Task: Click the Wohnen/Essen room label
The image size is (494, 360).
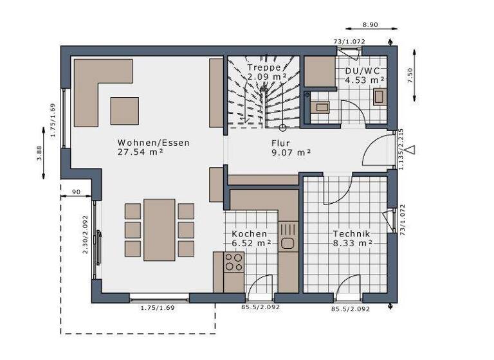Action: (x=153, y=143)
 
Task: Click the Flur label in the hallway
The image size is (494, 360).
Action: (x=280, y=143)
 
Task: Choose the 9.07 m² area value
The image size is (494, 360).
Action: (x=291, y=153)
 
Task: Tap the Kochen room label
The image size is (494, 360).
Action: (x=250, y=234)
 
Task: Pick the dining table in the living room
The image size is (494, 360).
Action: (x=159, y=230)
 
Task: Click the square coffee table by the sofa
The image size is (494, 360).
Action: (x=124, y=111)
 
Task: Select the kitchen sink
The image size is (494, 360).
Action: (x=287, y=244)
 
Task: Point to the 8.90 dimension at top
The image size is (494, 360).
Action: (x=370, y=24)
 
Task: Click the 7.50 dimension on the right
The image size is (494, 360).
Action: (x=410, y=75)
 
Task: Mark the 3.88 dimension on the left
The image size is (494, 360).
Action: (x=39, y=151)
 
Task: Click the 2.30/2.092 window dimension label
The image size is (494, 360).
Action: (x=86, y=235)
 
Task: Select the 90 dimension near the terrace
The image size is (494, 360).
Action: (x=76, y=192)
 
